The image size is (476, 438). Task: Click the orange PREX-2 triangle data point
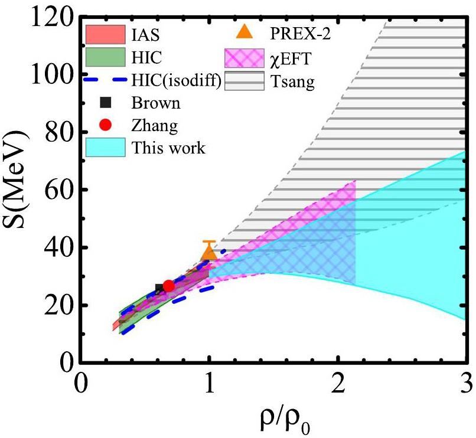[x=208, y=253]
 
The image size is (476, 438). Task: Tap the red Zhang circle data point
[x=168, y=286]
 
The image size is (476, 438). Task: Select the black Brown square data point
[x=159, y=288]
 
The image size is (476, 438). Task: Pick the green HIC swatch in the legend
[x=106, y=57]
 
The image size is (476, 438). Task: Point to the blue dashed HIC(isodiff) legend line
[x=106, y=79]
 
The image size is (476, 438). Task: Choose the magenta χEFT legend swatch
[x=244, y=58]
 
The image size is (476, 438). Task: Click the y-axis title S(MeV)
[x=21, y=190]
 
